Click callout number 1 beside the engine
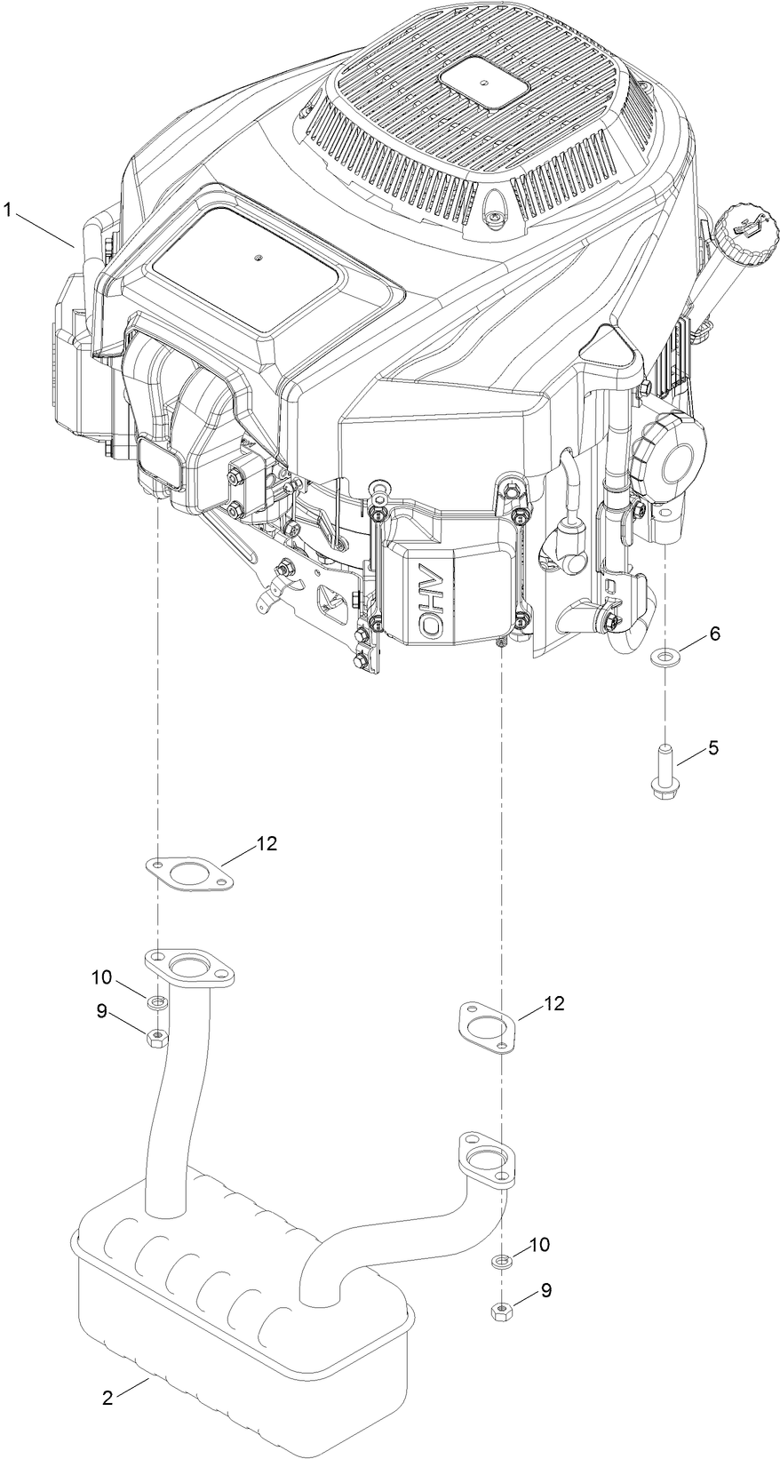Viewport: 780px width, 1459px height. [8, 210]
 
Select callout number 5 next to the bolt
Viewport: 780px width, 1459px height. [713, 748]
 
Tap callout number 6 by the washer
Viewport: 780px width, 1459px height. [713, 634]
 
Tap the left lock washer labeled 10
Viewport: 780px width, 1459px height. [157, 1003]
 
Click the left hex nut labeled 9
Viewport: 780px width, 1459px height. [156, 1037]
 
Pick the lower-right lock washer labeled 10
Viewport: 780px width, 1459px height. [502, 1261]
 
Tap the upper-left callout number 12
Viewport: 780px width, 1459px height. [267, 844]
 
